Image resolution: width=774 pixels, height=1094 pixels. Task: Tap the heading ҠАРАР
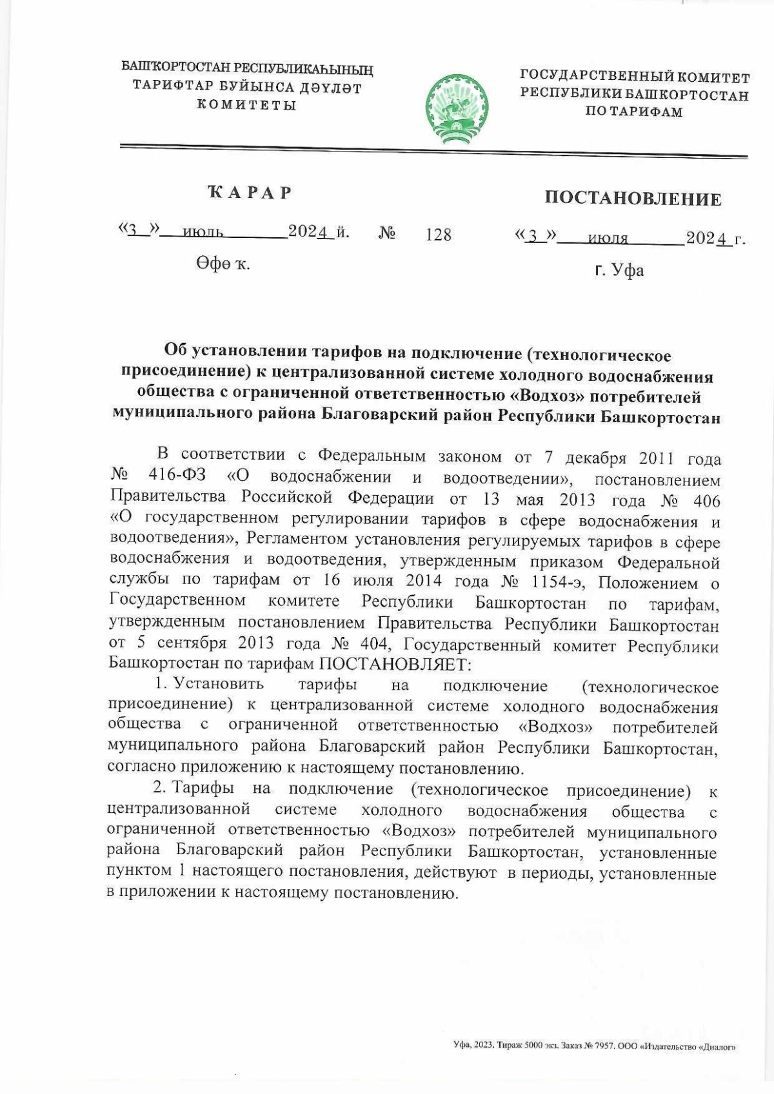click(250, 192)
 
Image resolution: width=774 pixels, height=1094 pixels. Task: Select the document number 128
click(439, 235)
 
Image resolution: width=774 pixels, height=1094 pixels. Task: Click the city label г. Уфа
click(619, 270)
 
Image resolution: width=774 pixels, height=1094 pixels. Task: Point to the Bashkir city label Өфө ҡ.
click(223, 264)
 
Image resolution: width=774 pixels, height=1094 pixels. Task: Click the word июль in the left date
click(203, 233)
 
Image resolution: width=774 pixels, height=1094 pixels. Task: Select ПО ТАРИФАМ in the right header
click(633, 112)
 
